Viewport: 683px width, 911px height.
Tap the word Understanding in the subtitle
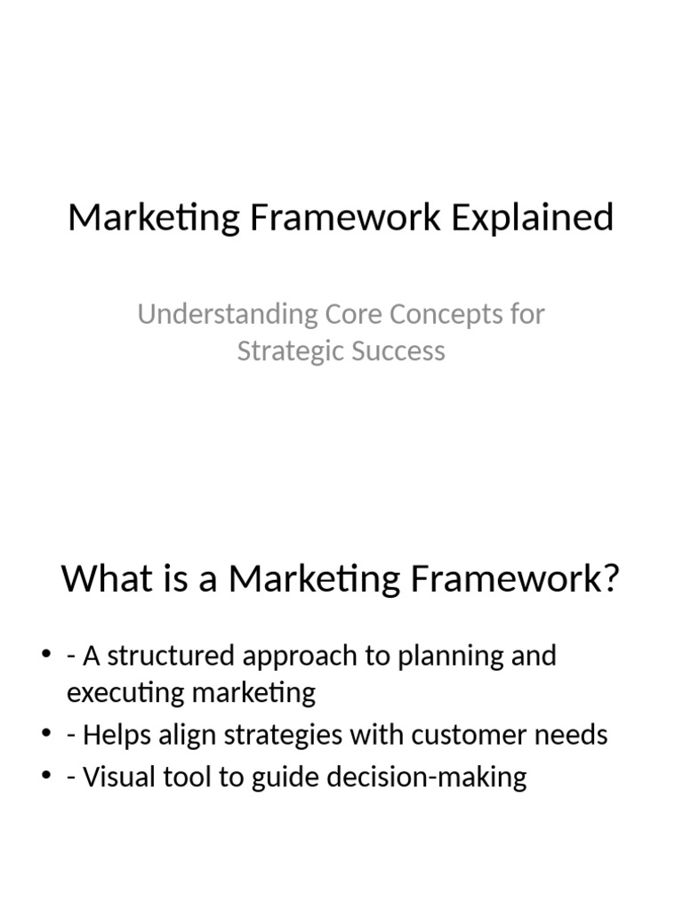(x=228, y=315)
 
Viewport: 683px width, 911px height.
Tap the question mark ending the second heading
(x=610, y=578)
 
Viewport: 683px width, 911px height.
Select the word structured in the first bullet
(x=171, y=656)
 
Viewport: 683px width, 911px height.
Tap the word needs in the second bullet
(x=571, y=735)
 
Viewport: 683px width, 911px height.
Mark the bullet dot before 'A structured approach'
(x=46, y=654)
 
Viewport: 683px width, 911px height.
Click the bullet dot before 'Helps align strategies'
(x=46, y=733)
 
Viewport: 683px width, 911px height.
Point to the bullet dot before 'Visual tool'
(x=46, y=775)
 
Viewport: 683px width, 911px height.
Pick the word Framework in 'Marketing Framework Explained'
(x=346, y=218)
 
